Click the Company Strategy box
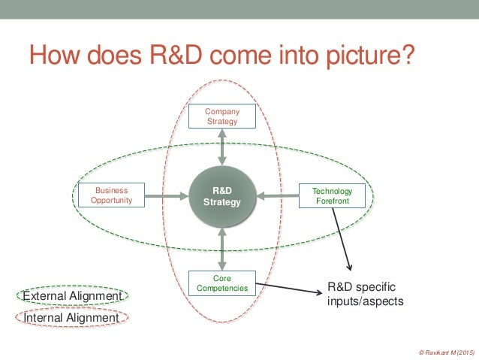pyautogui.click(x=222, y=116)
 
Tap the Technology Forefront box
pyautogui.click(x=331, y=196)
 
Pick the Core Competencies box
pyautogui.click(x=221, y=283)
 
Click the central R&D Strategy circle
pyautogui.click(x=222, y=197)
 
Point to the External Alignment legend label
pyautogui.click(x=72, y=296)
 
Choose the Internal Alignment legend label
pyautogui.click(x=72, y=318)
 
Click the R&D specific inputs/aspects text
pyautogui.click(x=366, y=294)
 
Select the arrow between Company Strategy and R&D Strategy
pyautogui.click(x=222, y=147)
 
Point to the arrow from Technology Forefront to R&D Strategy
pyautogui.click(x=278, y=197)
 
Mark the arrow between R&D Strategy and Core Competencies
pyautogui.click(x=222, y=249)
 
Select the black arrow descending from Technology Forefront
pyautogui.click(x=342, y=240)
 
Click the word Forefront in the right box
pyautogui.click(x=331, y=201)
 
